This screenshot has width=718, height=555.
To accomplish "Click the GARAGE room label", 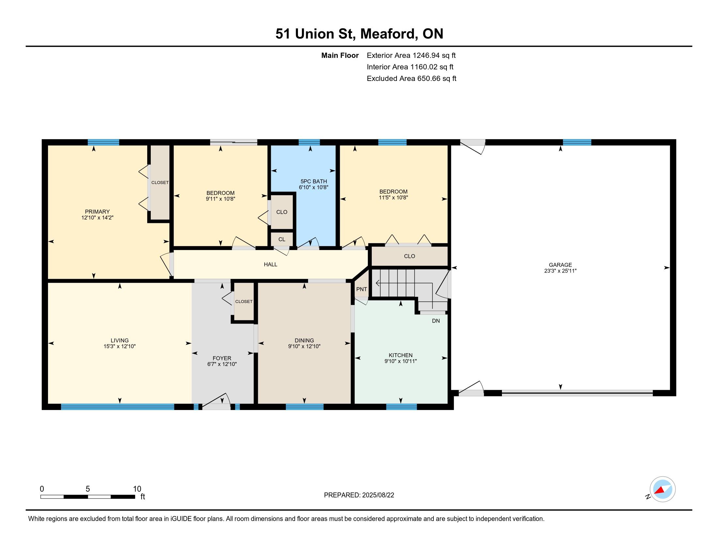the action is coord(560,265).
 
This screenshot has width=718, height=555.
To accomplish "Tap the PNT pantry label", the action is coord(362,289).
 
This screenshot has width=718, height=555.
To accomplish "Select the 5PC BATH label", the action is coord(314,181).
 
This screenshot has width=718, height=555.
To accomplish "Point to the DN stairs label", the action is coord(436,321).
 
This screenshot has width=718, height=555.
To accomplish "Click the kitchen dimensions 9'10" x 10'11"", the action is coord(400,361).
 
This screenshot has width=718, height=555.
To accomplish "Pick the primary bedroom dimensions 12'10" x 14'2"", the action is coord(97,217).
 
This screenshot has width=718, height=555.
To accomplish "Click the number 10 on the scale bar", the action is coord(137,489).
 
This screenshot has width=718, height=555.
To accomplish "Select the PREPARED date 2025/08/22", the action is coord(378,495).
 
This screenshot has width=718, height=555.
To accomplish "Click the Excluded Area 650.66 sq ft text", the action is coord(412,78).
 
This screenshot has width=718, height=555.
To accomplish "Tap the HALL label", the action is coord(271,264).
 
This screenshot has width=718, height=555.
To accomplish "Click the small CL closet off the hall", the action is coord(282,239).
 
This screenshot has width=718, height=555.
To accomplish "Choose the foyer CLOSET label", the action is coord(244,302).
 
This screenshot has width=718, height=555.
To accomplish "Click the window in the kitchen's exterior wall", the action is coord(401,407).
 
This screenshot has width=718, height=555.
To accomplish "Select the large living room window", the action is coord(117,407).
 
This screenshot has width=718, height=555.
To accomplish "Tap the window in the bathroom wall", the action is coord(309,142).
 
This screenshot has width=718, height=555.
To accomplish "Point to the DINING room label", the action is coord(304,340).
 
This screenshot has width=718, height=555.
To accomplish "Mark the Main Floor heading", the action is coord(340,55).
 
